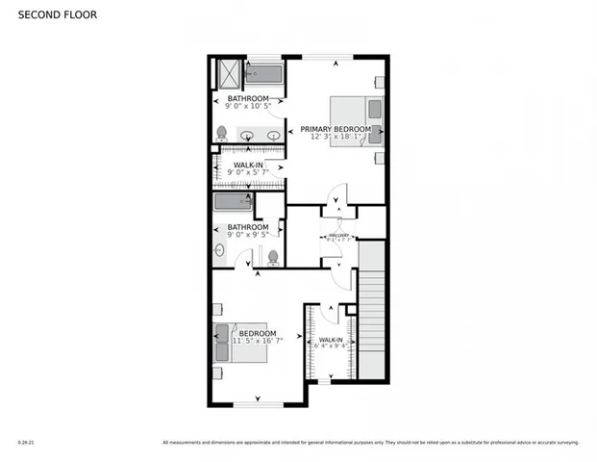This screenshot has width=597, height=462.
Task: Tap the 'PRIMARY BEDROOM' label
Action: (x=335, y=128)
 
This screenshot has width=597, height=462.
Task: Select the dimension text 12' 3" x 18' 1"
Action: (x=335, y=137)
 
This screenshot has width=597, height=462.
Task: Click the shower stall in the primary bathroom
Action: (x=228, y=73)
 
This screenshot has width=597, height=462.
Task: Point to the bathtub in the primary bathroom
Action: (x=263, y=73)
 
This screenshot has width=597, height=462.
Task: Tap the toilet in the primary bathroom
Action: (x=222, y=134)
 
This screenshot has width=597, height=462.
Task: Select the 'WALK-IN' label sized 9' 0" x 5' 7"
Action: (x=248, y=165)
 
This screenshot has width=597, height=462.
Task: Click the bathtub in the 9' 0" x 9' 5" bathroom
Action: (x=233, y=202)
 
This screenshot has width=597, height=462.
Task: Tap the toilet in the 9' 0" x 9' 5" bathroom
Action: (x=273, y=257)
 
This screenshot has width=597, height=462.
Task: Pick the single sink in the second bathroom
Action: (x=218, y=250)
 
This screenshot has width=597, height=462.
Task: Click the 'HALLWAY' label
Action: (x=337, y=234)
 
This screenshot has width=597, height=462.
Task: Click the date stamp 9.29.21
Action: (x=25, y=444)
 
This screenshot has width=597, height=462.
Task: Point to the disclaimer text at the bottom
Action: (x=370, y=444)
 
